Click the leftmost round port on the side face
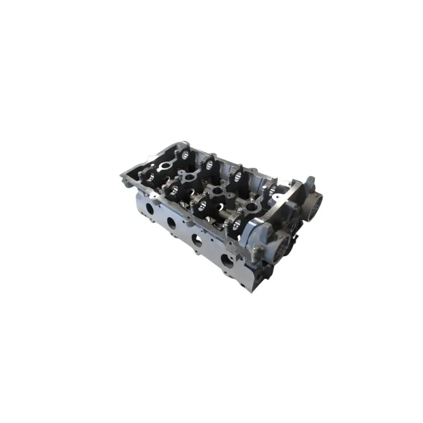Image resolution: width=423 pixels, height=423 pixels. tap(150, 209)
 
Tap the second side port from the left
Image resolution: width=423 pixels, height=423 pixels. tap(171, 223)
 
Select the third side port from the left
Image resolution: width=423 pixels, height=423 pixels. tap(197, 240)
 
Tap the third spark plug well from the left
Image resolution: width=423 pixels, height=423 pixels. tap(218, 191)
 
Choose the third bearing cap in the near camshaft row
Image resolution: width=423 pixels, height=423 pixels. tap(202, 204)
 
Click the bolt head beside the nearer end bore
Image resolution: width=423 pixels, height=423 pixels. tap(257, 248)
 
